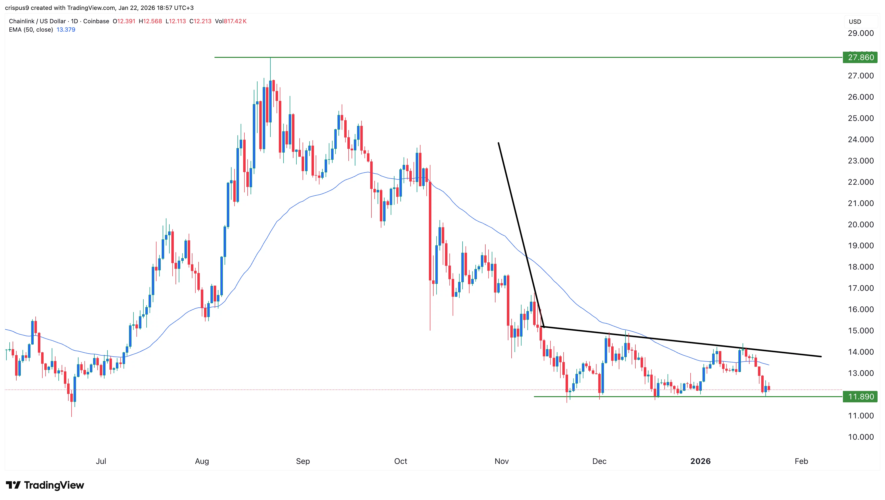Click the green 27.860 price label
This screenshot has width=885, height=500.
860,57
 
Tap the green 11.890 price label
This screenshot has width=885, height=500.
860,397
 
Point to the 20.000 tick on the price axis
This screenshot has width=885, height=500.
860,225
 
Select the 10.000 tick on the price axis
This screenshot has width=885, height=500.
860,437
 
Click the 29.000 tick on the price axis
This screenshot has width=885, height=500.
860,33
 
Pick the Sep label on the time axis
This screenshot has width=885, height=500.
303,461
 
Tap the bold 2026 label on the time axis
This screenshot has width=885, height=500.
700,461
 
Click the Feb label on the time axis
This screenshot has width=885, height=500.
801,461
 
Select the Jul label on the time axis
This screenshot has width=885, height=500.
101,461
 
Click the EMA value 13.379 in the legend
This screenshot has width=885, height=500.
66,29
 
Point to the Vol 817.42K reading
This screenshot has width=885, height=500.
231,21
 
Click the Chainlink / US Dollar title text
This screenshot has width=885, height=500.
37,21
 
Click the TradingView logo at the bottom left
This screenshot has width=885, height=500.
45,485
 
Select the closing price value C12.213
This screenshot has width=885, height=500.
200,21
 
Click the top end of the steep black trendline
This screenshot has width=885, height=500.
498,143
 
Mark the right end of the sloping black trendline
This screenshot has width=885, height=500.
821,357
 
